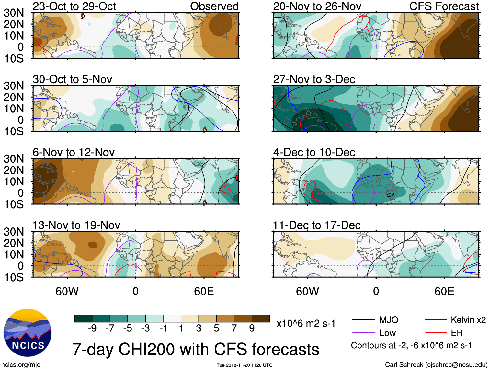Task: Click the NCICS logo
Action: [x=28, y=333]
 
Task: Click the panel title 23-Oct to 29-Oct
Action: [x=74, y=6]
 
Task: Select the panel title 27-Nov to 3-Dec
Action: [x=314, y=79]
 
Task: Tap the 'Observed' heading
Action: [x=214, y=6]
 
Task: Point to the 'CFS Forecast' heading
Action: [x=444, y=6]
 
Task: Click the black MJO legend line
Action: [x=363, y=320]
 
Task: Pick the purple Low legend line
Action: [x=363, y=333]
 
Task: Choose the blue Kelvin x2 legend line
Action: [x=436, y=320]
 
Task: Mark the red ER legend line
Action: [x=436, y=333]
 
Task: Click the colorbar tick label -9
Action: [x=92, y=329]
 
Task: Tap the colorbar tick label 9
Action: [x=252, y=329]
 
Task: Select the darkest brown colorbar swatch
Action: [x=261, y=318]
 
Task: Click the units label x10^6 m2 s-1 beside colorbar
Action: [x=306, y=323]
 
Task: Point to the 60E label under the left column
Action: [x=204, y=291]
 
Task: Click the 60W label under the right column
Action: [x=307, y=291]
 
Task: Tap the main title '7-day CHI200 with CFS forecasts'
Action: [x=196, y=349]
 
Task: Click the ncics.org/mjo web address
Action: [x=20, y=365]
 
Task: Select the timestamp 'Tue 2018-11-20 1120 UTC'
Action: [x=245, y=365]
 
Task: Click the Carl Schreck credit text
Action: [x=436, y=365]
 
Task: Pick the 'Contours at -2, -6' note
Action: [x=411, y=346]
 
